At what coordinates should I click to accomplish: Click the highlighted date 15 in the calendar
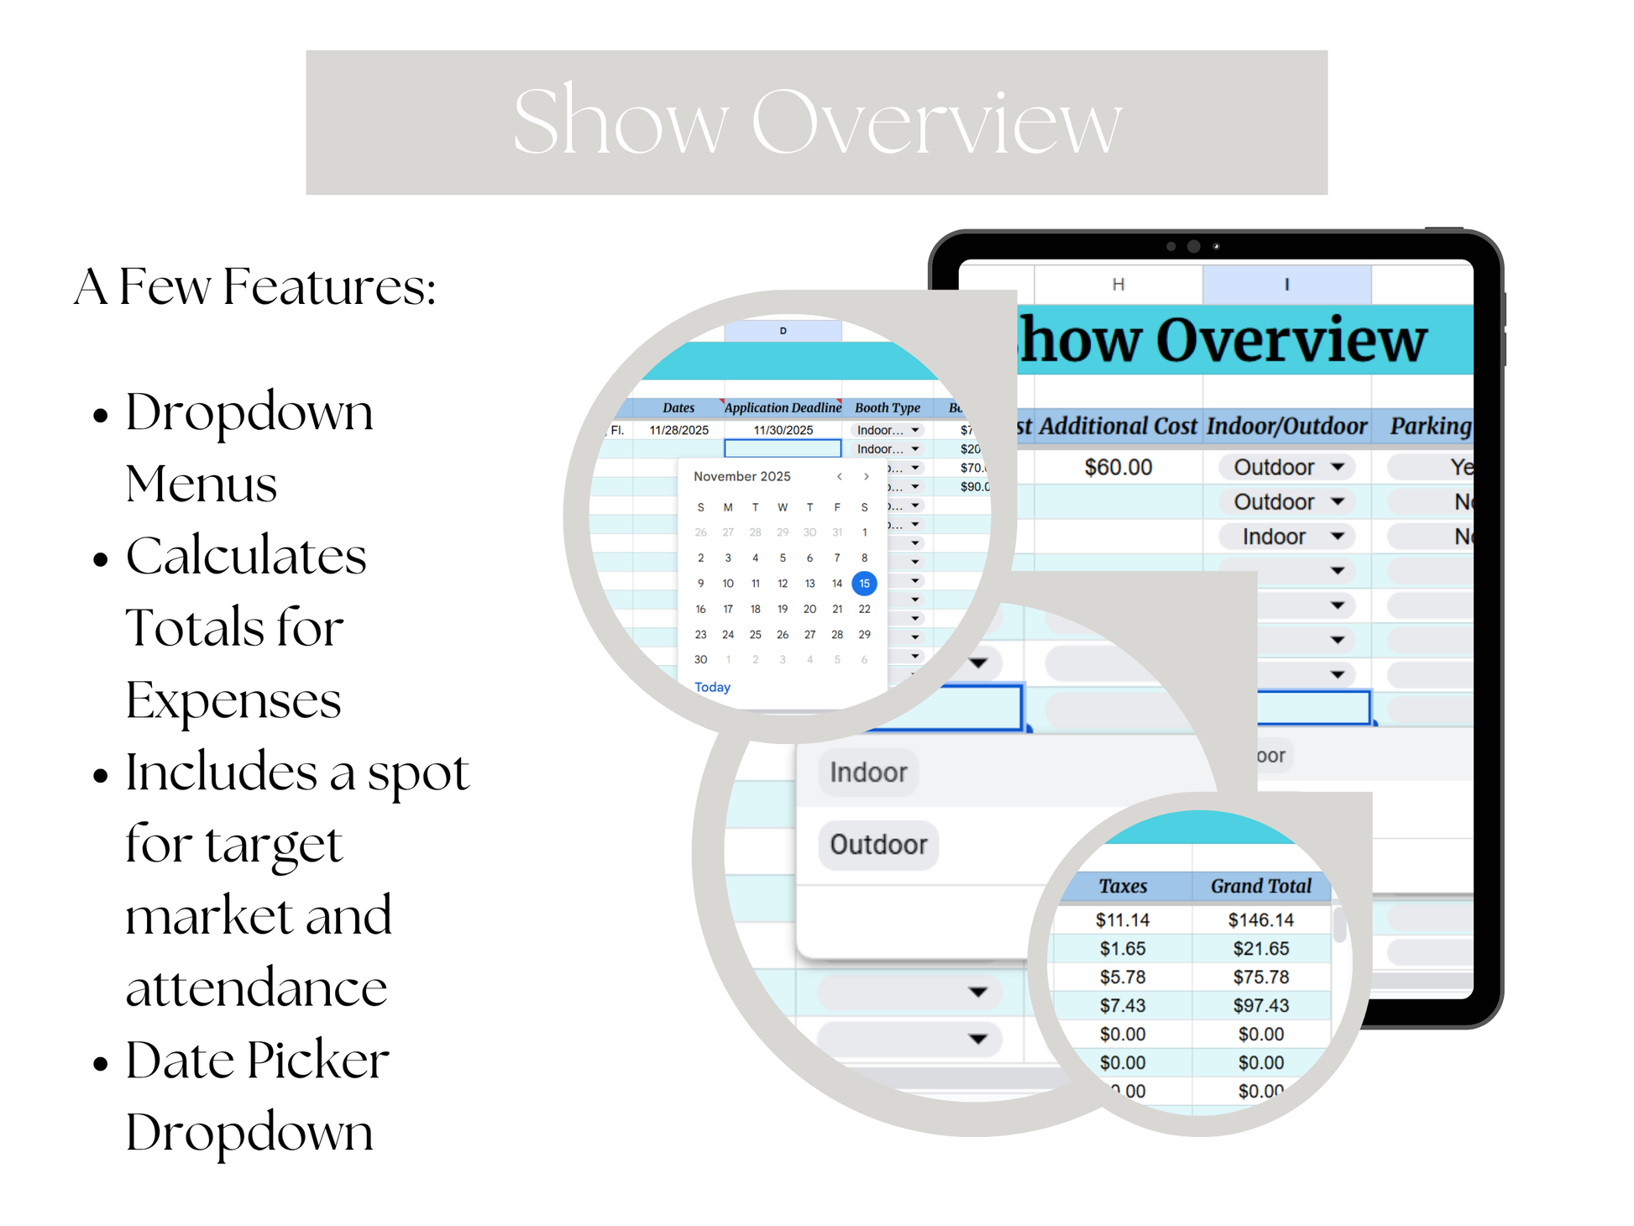[x=864, y=583]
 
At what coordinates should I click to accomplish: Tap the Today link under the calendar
[x=712, y=687]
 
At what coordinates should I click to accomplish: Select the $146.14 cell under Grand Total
[x=1260, y=919]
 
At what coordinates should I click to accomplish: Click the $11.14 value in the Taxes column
[x=1122, y=919]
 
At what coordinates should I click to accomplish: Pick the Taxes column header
[x=1123, y=886]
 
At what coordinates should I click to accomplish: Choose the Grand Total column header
[x=1260, y=886]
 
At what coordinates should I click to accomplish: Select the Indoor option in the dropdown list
[x=868, y=773]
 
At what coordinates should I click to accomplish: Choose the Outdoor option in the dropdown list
[x=878, y=844]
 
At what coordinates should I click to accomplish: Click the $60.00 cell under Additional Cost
[x=1118, y=467]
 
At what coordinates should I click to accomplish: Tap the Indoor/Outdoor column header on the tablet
[x=1286, y=427]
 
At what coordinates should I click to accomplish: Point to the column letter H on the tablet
[x=1118, y=285]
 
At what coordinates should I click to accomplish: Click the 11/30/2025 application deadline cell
[x=783, y=430]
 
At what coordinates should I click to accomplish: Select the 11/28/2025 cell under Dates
[x=678, y=430]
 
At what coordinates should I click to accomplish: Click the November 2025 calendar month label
[x=741, y=476]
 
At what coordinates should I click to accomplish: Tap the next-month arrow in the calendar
[x=866, y=476]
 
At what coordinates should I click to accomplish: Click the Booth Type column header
[x=887, y=408]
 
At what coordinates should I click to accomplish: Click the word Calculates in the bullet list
[x=246, y=556]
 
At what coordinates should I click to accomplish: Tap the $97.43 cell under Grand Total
[x=1260, y=1005]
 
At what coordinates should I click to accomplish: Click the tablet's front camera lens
[x=1193, y=246]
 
